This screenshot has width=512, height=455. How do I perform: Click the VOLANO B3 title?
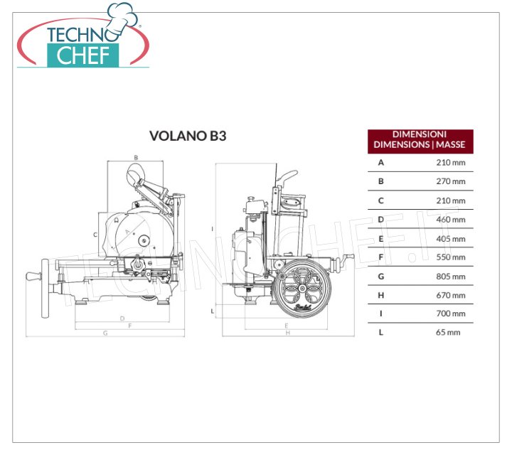pyautogui.click(x=188, y=136)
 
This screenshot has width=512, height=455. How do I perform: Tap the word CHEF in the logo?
pyautogui.click(x=82, y=55)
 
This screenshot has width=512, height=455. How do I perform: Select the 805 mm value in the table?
pyautogui.click(x=451, y=277)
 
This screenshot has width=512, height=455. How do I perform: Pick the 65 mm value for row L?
pyautogui.click(x=448, y=332)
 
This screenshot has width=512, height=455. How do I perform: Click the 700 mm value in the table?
pyautogui.click(x=451, y=314)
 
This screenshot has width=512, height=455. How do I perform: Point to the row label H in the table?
pyautogui.click(x=380, y=295)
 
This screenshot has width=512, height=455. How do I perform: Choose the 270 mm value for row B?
pyautogui.click(x=451, y=181)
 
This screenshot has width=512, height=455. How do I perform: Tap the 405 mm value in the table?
pyautogui.click(x=451, y=239)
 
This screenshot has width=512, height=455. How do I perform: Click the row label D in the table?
pyautogui.click(x=380, y=220)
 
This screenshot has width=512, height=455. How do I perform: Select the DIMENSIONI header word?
pyautogui.click(x=420, y=134)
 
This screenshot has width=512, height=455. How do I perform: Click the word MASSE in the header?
pyautogui.click(x=451, y=144)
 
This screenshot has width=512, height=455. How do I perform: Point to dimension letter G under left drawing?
pyautogui.click(x=105, y=333)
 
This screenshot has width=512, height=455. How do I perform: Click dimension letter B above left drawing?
pyautogui.click(x=136, y=158)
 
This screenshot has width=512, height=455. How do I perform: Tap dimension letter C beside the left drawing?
pyautogui.click(x=95, y=235)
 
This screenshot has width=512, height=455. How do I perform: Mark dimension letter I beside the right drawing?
pyautogui.click(x=212, y=229)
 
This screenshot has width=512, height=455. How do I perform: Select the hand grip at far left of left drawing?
pyautogui.click(x=33, y=276)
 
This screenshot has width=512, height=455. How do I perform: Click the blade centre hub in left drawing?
pyautogui.click(x=144, y=240)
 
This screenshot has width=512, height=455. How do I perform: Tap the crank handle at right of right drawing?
pyautogui.click(x=347, y=258)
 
